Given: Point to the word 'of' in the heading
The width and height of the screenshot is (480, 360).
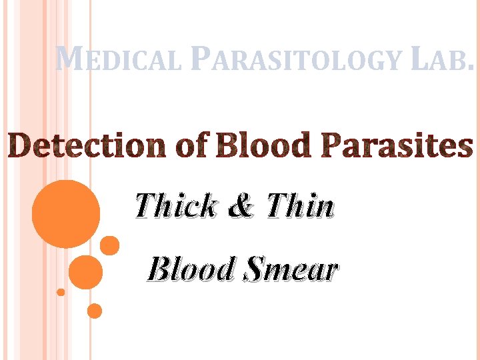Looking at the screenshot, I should click(192, 146).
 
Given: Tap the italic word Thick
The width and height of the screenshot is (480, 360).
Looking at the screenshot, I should click(176, 207).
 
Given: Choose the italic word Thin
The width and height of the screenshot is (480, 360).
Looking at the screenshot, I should click(300, 207).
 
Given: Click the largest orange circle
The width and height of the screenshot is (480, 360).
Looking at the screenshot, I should click(66, 214).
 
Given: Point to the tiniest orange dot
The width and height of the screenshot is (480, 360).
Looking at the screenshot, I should click(61, 292).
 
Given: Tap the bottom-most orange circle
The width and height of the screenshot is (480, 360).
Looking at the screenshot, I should click(95, 311).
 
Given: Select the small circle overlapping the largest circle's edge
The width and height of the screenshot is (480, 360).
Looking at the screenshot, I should click(110, 245).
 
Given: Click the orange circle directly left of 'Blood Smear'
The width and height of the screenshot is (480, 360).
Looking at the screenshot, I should click(86, 272).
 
